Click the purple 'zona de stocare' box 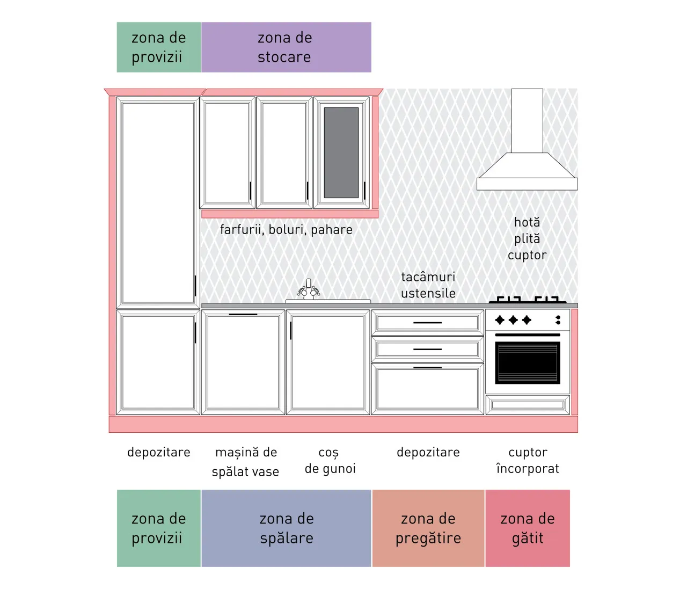click(286, 47)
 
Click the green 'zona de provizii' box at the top click(158, 47)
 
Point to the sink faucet click(309, 289)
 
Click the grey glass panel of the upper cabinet click(341, 152)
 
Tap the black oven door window click(528, 362)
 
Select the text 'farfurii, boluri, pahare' click(286, 230)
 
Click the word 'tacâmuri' click(428, 277)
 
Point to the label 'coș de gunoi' click(330, 461)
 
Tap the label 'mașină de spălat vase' click(246, 462)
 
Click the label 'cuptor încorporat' click(528, 460)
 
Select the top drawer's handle click(427, 323)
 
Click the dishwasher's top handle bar click(243, 314)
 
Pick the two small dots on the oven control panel click(558, 320)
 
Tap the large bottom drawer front click(427, 389)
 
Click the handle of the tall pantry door click(195, 286)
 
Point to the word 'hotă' click(527, 222)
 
